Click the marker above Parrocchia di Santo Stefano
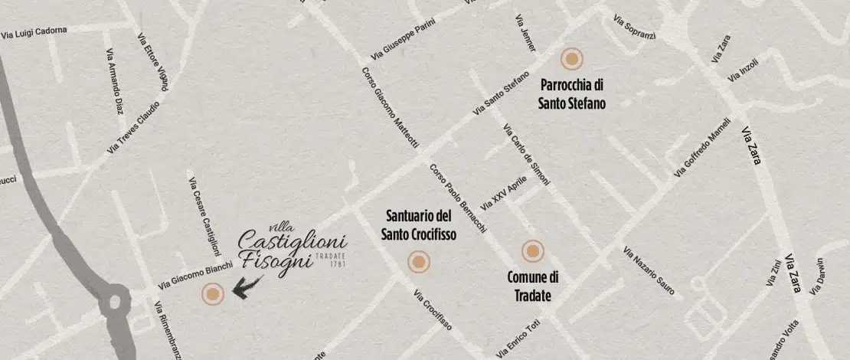coord(571,59)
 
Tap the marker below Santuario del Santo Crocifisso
coord(418,263)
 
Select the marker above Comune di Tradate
coord(532,250)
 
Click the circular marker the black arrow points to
coord(212,293)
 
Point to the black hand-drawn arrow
coord(248,287)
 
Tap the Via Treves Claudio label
coord(134,126)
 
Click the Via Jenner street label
coord(525,33)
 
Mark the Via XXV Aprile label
coord(504,195)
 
